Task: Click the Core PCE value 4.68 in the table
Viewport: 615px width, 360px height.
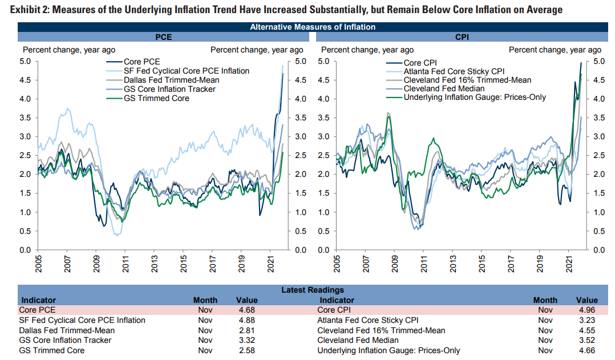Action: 246,310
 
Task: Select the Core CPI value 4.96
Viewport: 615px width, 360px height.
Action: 586,310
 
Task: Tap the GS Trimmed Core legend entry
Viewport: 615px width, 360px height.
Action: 156,98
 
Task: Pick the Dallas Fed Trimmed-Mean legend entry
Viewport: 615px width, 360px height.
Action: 171,80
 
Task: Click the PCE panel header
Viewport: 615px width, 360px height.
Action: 164,37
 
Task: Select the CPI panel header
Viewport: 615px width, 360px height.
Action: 462,37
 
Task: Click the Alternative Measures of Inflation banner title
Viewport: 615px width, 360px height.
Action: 313,27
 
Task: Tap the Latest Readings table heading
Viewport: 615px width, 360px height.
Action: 313,290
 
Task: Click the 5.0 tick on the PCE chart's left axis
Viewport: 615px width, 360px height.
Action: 26,61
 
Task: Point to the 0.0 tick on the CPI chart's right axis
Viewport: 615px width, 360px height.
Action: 596,250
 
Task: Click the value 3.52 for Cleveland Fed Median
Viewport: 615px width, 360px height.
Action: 586,341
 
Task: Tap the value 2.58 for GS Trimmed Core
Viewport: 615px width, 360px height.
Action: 246,350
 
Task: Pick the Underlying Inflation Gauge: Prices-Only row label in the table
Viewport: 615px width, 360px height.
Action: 389,350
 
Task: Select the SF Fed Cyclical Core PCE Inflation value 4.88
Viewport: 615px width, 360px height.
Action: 246,320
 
